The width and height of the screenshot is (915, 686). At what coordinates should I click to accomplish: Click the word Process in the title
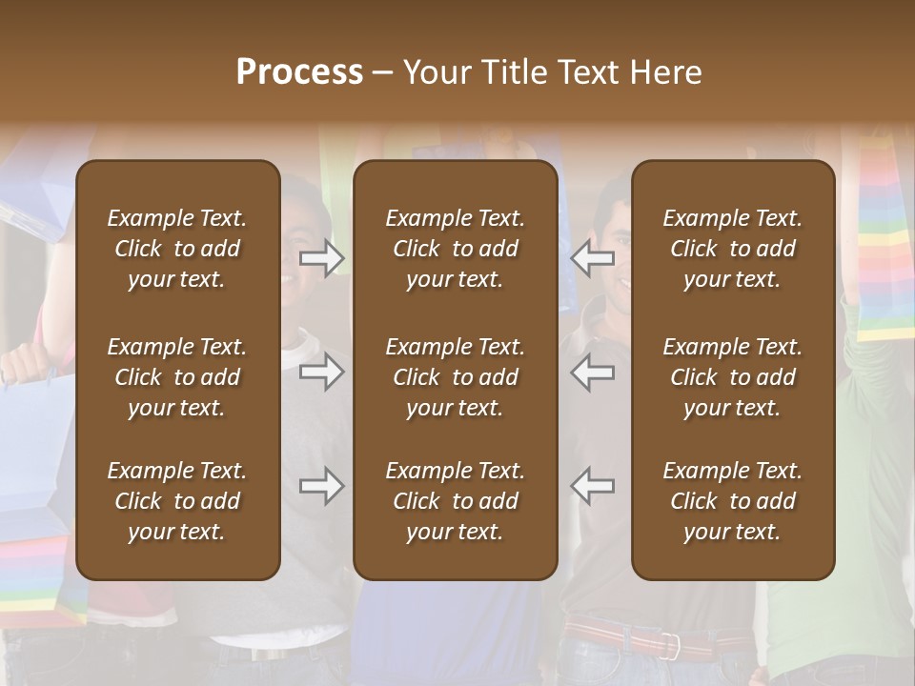299,72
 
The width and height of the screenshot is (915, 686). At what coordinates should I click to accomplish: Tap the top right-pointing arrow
322,257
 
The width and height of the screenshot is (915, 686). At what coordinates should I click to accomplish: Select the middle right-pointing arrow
322,372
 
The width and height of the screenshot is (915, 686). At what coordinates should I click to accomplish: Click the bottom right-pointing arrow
322,486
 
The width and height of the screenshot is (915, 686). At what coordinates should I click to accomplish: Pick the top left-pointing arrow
593,257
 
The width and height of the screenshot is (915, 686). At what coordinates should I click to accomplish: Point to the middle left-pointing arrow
593,372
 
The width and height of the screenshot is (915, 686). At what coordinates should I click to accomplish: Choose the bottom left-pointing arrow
593,486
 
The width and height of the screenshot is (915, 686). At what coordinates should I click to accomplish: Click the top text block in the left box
177,249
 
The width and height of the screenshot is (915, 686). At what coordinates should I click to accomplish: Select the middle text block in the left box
177,377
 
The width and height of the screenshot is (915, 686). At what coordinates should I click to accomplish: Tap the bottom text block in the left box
177,501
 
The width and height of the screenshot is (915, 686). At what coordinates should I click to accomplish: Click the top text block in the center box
455,249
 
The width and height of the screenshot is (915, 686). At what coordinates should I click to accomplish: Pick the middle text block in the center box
455,377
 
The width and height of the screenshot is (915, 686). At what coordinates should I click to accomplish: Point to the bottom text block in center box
455,501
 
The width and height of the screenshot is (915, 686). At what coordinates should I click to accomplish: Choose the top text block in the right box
732,249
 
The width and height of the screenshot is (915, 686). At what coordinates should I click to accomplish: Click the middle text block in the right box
732,377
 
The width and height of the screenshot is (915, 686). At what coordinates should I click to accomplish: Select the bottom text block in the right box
732,501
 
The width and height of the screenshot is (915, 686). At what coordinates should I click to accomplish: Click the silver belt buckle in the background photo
671,645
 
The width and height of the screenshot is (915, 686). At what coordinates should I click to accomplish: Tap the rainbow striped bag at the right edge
884,238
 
